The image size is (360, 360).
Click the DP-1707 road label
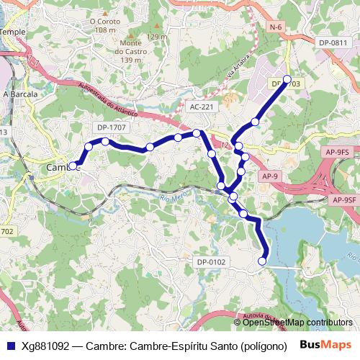[x=111, y=127]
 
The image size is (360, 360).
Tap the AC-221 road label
[x=202, y=107]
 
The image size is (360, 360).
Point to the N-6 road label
[x=274, y=27]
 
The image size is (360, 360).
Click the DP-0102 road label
[x=211, y=262]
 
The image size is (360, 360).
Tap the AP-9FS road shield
[x=337, y=152]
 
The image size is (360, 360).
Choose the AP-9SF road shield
[x=344, y=199]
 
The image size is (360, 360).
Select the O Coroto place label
[x=104, y=22]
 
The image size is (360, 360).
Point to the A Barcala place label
[x=19, y=94]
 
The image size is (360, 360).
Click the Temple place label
[x=12, y=32]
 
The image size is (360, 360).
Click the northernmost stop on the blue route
[x=287, y=79]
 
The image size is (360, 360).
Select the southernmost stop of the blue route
[x=263, y=261]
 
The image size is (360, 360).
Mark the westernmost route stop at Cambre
[x=73, y=166]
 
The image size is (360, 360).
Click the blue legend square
[x=9, y=345]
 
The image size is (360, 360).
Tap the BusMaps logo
[x=325, y=345]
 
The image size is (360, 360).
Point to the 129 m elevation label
[x=156, y=37]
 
